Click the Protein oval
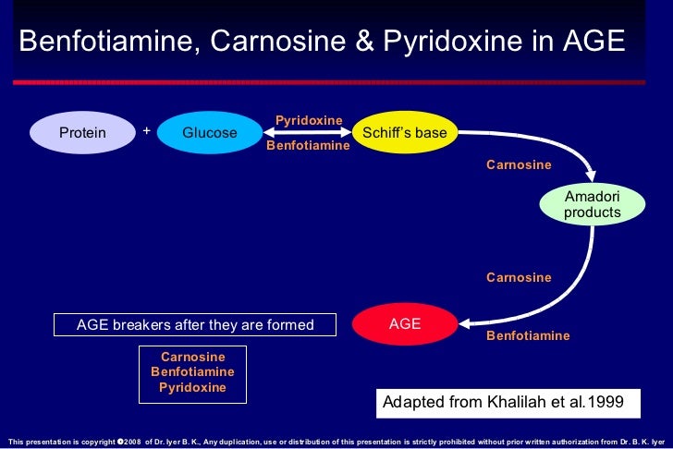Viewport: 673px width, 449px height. [82, 133]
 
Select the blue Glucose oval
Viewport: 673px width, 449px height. [210, 133]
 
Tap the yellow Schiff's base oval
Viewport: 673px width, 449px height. [405, 133]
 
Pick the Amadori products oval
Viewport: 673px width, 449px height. [593, 204]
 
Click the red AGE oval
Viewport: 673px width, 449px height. [405, 323]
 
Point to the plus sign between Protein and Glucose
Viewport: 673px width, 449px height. [146, 131]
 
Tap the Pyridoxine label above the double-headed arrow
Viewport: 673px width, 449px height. [309, 120]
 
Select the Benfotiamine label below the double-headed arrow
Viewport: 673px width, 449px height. [308, 146]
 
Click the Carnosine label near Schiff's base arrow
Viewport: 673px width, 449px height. [519, 165]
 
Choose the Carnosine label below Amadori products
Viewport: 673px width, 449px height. [519, 278]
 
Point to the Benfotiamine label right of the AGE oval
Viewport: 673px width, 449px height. [528, 335]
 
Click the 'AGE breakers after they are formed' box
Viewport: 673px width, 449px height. [195, 325]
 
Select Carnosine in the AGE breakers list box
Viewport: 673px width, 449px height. [192, 357]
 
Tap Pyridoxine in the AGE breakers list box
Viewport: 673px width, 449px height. [192, 388]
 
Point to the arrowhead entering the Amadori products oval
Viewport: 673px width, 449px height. [590, 177]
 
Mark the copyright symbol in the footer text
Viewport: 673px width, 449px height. [120, 442]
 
